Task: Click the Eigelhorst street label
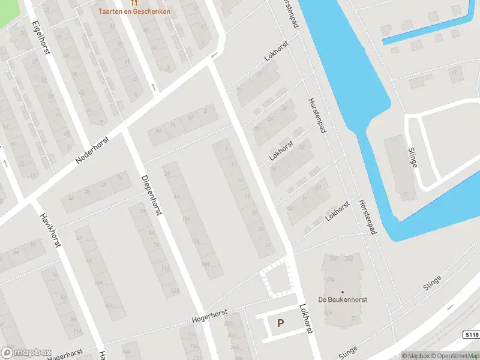[x=41, y=37]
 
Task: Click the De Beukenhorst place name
[x=343, y=299]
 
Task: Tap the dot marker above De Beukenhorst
[x=343, y=292]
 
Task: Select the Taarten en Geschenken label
[x=134, y=11]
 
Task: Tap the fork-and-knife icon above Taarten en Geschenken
[x=134, y=2]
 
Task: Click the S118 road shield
[x=471, y=334]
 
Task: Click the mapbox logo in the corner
[x=26, y=352]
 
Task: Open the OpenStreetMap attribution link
[x=455, y=355]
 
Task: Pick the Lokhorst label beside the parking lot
[x=307, y=317]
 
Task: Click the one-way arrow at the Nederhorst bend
[x=214, y=56]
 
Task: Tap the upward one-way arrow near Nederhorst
[x=153, y=88]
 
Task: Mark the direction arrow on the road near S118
[x=450, y=307]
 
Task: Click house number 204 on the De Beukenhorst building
[x=330, y=280]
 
